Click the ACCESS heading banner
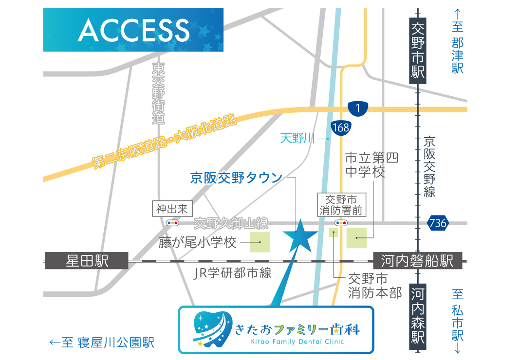pos(133,30)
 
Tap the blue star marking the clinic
pos(300,235)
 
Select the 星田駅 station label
pos(87,261)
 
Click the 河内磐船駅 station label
pos(417,261)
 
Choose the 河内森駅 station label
pos(418,316)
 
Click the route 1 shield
pos(358,108)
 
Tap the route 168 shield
pos(341,127)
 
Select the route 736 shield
pos(437,223)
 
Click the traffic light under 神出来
pos(172,223)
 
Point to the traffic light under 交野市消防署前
pos(340,223)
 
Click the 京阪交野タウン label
pos(236,178)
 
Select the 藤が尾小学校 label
pos(197,242)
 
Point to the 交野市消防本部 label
pos(374,286)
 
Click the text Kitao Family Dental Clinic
pos(297,342)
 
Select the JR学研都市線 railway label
pos(232,273)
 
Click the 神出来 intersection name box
pos(172,209)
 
